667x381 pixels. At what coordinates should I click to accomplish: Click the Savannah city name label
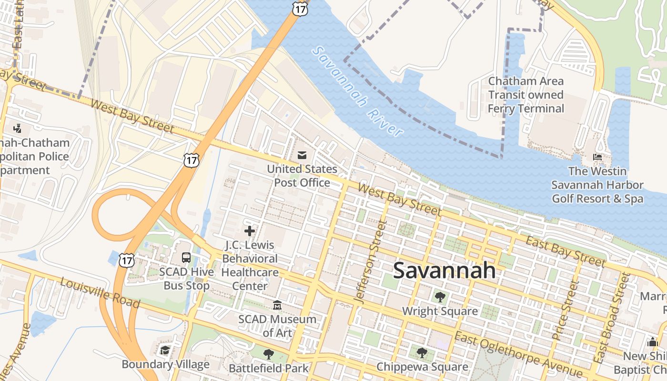point(444,271)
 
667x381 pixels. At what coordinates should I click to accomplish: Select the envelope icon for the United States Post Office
point(302,155)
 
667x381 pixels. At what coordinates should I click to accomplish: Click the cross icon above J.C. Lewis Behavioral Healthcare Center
point(249,231)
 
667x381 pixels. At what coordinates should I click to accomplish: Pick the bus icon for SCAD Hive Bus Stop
point(186,258)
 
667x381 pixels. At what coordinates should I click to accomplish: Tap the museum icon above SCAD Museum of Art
point(277,305)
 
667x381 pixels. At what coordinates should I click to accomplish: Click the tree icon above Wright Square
point(440,297)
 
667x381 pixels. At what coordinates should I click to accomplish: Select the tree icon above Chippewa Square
point(422,353)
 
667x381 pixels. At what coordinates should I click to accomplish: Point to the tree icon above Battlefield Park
point(269,354)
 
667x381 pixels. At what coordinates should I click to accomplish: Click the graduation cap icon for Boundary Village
point(165,351)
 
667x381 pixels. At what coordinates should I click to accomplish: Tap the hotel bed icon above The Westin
point(597,157)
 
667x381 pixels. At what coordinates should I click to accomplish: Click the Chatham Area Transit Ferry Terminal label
point(526,95)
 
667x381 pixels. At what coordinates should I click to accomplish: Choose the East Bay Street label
point(565,251)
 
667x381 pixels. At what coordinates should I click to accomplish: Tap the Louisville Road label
point(100,292)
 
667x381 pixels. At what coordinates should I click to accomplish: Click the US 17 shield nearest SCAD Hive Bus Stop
point(127,261)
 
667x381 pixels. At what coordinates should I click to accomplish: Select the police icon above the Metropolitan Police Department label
point(18,128)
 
